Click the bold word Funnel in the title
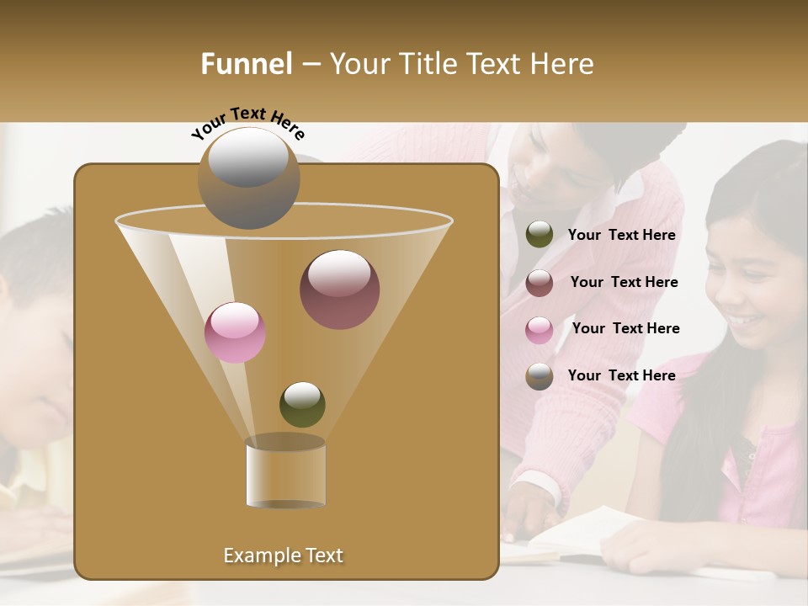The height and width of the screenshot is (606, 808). coord(247,64)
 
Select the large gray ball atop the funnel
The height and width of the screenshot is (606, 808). coord(249,178)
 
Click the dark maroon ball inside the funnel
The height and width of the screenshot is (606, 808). coord(339,290)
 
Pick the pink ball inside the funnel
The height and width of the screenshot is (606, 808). coord(235,332)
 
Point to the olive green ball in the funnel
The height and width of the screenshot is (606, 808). coord(302,404)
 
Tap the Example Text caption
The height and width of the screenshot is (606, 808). coord(283,555)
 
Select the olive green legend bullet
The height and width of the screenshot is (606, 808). coord(540,235)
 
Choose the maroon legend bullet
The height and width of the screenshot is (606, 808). coord(540,283)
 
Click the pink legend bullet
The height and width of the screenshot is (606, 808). coord(540,330)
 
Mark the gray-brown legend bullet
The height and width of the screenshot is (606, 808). coord(540,376)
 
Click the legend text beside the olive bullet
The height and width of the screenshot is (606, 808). coord(621,236)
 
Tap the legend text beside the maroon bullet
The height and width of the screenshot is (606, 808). coord(624,283)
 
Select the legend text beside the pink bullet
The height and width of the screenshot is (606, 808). coord(625,329)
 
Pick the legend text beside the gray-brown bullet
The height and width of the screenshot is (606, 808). coord(621,376)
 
